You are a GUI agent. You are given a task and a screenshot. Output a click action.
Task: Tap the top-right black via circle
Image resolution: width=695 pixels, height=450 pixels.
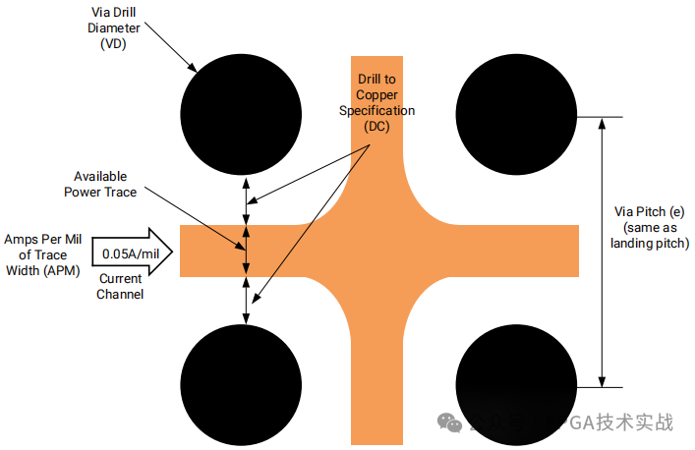(516, 116)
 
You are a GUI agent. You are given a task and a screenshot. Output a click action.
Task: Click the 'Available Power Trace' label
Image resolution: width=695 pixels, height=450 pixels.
(100, 185)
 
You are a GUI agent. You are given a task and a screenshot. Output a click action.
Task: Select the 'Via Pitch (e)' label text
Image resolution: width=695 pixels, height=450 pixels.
(649, 210)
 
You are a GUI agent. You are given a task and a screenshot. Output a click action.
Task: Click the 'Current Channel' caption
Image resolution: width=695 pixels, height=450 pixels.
(121, 287)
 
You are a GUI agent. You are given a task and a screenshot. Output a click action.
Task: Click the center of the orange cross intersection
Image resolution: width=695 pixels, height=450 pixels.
(377, 252)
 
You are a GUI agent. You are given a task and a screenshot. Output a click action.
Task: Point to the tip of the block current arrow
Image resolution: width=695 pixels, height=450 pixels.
(173, 253)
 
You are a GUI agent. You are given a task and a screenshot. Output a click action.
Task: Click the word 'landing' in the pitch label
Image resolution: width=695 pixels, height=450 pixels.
(635, 243)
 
